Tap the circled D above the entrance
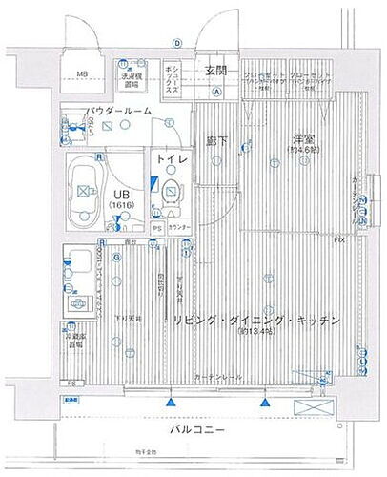[x=176, y=43]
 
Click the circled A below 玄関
[x=216, y=92]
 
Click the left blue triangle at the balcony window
[x=169, y=392]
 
